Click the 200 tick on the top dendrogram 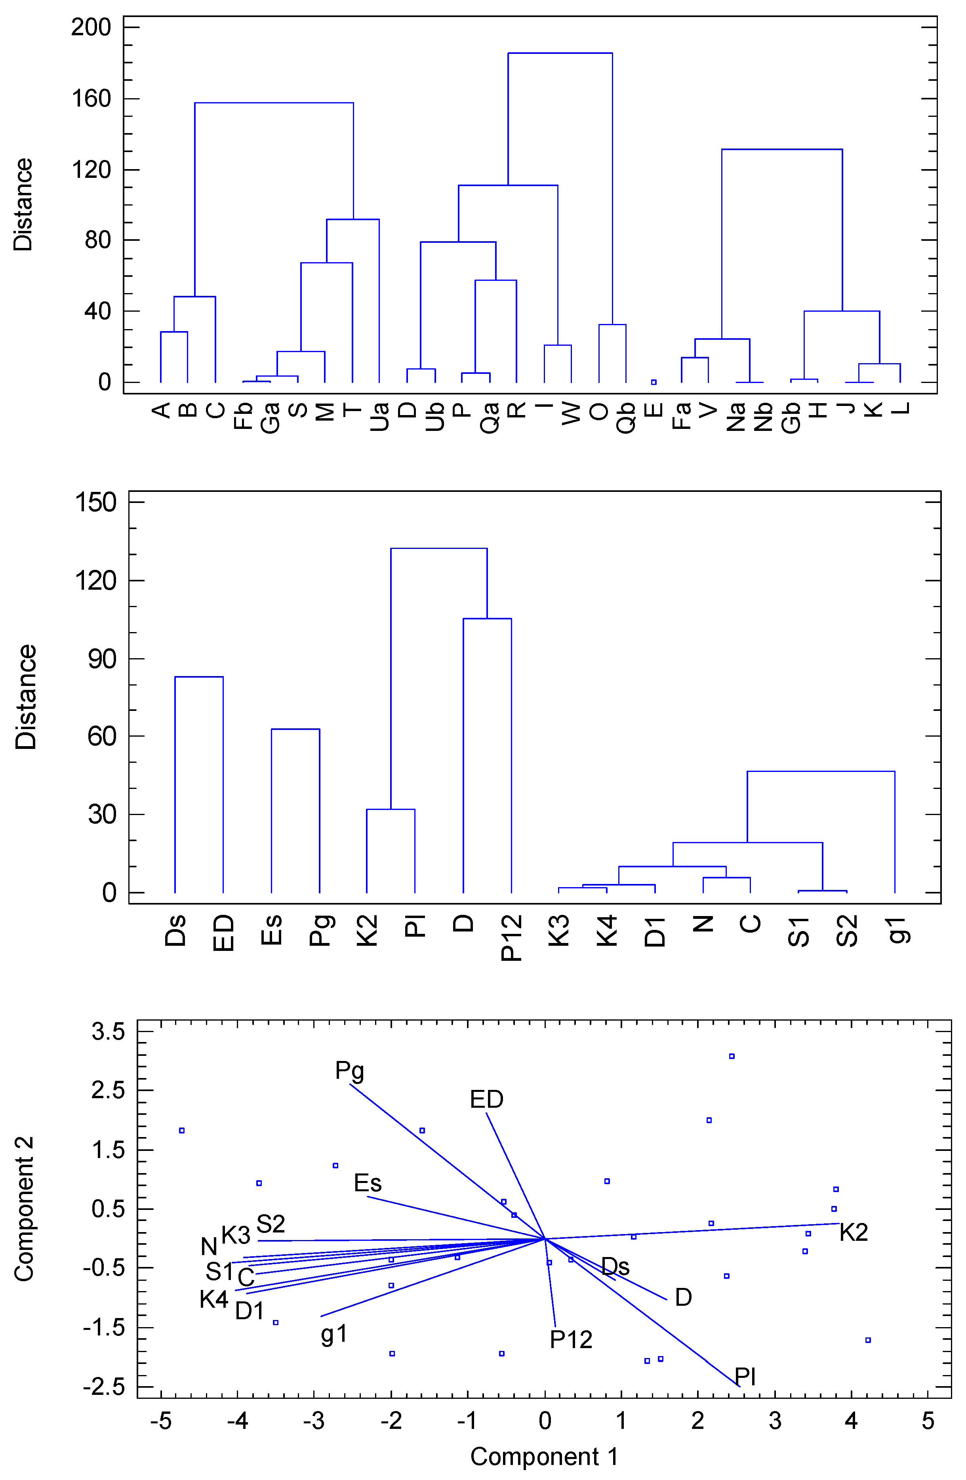point(90,27)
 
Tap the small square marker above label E point(654,382)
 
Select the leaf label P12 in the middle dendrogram point(511,938)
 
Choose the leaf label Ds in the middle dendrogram point(175,930)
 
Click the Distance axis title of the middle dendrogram point(26,697)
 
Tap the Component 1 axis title point(544,1456)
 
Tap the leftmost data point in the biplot point(182,1131)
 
